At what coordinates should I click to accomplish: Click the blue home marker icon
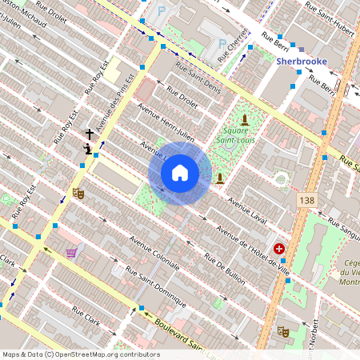click(180, 172)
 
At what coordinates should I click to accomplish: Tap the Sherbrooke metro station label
click(302, 60)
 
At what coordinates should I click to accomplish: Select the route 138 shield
click(305, 199)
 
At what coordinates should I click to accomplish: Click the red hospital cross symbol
click(279, 249)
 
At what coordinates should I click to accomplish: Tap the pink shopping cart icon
click(72, 253)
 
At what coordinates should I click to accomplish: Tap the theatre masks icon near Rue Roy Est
click(78, 193)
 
